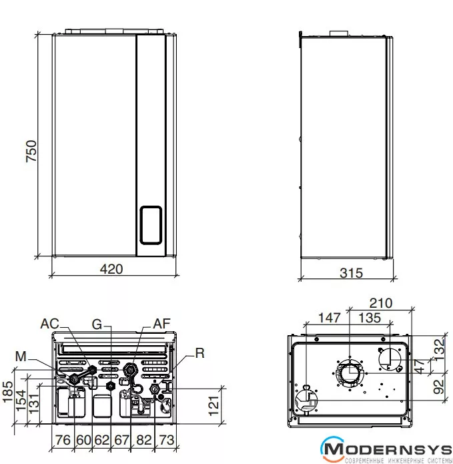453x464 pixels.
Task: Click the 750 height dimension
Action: click(x=31, y=151)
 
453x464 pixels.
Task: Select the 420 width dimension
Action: click(x=111, y=269)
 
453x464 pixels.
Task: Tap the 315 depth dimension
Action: click(x=351, y=273)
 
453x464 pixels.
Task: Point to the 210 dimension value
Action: click(x=381, y=303)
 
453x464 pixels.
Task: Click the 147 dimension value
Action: click(x=329, y=318)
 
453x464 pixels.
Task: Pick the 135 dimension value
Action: click(x=370, y=318)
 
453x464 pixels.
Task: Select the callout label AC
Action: click(x=49, y=324)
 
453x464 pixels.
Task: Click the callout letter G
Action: click(x=97, y=324)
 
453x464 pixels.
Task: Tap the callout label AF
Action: click(x=161, y=324)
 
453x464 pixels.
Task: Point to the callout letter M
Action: click(x=21, y=357)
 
